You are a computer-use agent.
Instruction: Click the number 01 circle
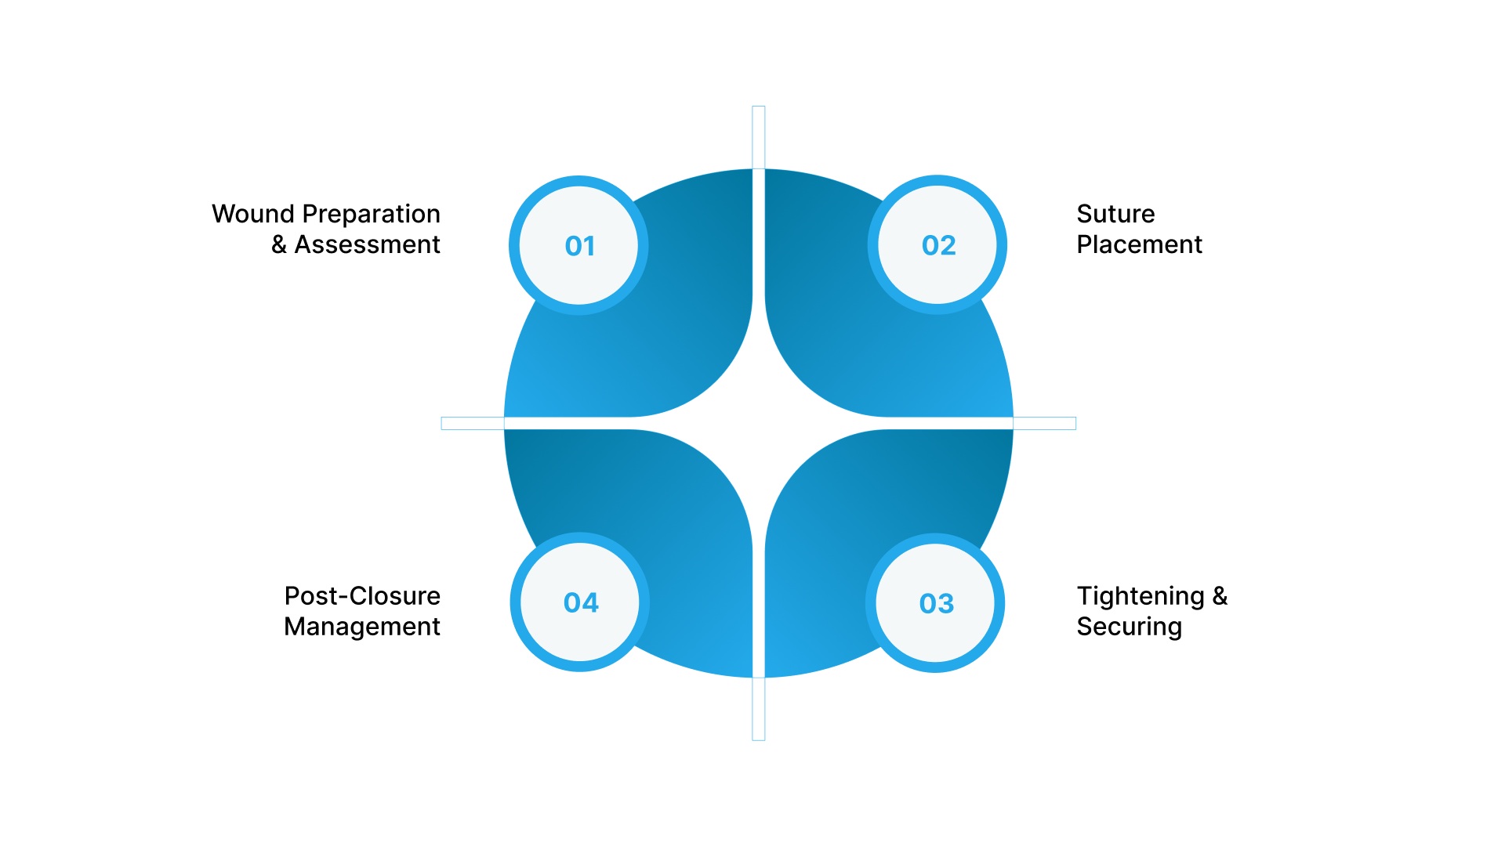[x=578, y=245]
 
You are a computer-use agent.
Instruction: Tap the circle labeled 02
[x=937, y=244]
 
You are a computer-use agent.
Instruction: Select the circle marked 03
[x=935, y=602]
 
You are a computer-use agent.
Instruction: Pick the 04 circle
[x=580, y=602]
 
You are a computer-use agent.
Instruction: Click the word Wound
[x=253, y=214]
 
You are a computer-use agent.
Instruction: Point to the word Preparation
[x=372, y=215]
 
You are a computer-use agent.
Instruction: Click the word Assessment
[x=368, y=244]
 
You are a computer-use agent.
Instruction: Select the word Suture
[x=1115, y=214]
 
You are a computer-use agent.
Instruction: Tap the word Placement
[x=1139, y=244]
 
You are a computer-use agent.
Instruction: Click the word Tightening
[x=1141, y=597]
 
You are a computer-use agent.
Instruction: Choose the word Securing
[x=1129, y=627]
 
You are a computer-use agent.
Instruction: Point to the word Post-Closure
[x=362, y=596]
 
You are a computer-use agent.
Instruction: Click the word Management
[x=362, y=627]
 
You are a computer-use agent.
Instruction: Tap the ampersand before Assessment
[x=279, y=244]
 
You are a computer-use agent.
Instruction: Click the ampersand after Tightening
[x=1220, y=595]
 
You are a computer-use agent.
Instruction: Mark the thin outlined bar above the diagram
[x=759, y=137]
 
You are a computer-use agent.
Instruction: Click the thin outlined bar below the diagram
[x=759, y=709]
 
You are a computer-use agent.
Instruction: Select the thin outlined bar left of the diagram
[x=473, y=423]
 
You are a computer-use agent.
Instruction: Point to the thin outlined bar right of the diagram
[x=1045, y=423]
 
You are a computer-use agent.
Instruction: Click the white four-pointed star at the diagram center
[x=759, y=423]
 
